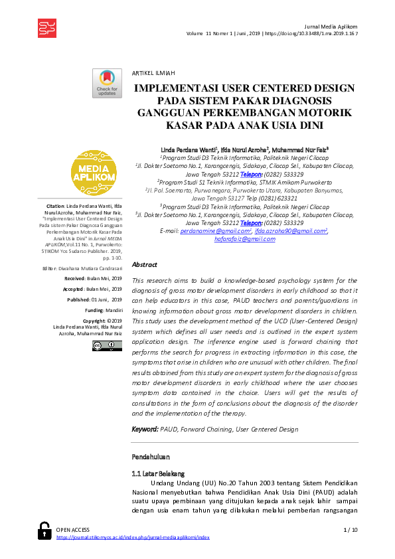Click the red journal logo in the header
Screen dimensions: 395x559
(x=47, y=26)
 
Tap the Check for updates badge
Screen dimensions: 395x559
(x=107, y=83)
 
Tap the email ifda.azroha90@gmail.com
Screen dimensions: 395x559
(x=291, y=230)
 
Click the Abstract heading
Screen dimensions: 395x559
(x=145, y=264)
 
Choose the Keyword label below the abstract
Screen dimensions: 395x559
(x=145, y=430)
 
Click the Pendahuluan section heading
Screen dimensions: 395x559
(x=151, y=457)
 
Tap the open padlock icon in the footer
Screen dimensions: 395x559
(x=44, y=529)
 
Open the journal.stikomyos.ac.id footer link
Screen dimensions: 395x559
(x=133, y=538)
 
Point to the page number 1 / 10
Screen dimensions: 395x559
(x=350, y=529)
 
